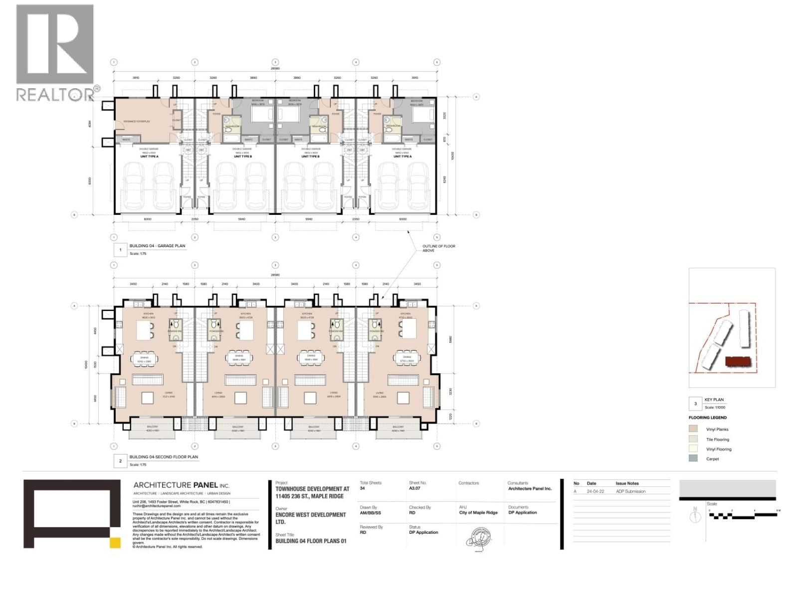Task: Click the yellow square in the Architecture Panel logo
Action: point(115,543)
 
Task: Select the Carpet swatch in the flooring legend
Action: point(693,458)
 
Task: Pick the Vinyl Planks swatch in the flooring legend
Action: point(693,429)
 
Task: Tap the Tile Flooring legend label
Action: point(717,440)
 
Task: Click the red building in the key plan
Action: point(738,362)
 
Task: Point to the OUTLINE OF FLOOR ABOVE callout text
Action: point(438,248)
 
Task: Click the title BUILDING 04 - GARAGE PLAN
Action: point(157,246)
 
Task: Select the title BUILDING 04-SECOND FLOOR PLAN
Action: point(164,457)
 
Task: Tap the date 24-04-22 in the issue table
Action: point(595,491)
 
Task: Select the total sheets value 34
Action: point(363,489)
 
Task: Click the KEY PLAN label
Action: point(714,400)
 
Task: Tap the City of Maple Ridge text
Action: point(478,513)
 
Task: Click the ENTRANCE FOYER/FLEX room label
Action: point(137,121)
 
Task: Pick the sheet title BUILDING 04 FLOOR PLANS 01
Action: point(311,541)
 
